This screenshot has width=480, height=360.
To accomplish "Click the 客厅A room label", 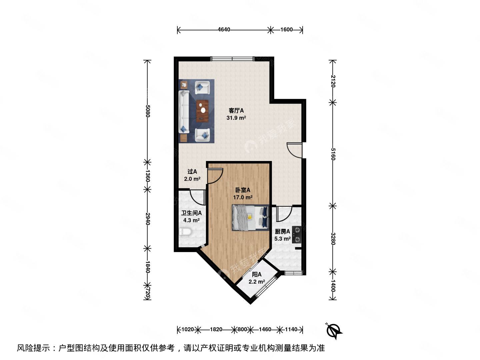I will (x=236, y=111).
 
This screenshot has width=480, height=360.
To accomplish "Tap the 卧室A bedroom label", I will (x=243, y=190).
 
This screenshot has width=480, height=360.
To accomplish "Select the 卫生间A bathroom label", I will (x=191, y=213).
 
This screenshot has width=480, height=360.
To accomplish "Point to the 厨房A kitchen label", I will (x=282, y=231).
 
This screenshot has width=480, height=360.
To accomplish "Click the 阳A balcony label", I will (x=257, y=275).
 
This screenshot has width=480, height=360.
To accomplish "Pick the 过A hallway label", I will (x=192, y=172).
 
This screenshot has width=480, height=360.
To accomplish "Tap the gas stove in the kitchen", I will (x=297, y=235).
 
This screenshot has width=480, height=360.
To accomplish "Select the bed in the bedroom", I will (x=250, y=218).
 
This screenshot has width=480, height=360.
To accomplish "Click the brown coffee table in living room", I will (x=202, y=111).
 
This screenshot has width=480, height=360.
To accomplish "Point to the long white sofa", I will (x=184, y=112).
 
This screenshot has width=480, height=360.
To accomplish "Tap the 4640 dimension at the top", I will (x=224, y=30).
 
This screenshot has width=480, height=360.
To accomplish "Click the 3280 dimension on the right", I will (x=333, y=239).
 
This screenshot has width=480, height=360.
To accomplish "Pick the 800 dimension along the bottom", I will (x=242, y=330).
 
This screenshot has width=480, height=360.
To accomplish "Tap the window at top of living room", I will (x=232, y=59).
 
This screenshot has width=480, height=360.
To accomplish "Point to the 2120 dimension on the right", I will (x=333, y=81).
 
